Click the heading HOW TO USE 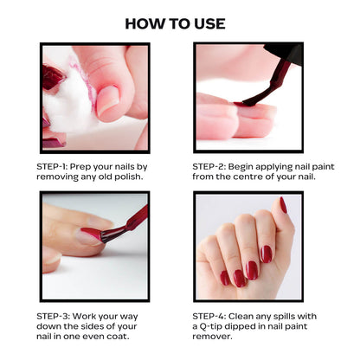point(175,23)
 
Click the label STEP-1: point(52,167)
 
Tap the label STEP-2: point(209,167)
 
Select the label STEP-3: point(53,317)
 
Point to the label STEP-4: point(209,317)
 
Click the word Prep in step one point(80,167)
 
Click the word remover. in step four point(212,337)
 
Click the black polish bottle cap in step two point(284,54)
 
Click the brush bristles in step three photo point(111,235)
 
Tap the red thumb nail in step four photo point(283,205)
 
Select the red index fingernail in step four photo point(267,254)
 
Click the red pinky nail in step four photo point(225,278)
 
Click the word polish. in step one point(129,177)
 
